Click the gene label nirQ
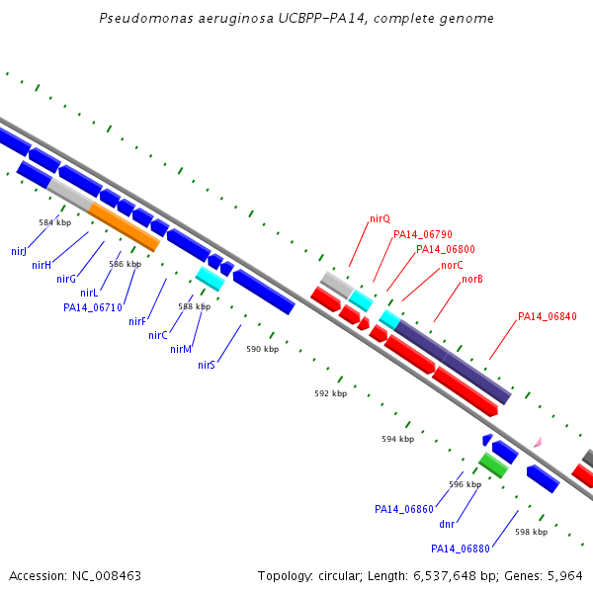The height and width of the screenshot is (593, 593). click(x=380, y=219)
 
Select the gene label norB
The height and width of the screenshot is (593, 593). click(x=472, y=279)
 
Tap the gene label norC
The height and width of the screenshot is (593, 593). click(x=452, y=265)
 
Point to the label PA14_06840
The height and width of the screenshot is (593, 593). click(x=548, y=316)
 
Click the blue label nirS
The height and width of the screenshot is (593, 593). click(x=207, y=365)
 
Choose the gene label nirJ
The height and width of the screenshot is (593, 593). click(x=19, y=251)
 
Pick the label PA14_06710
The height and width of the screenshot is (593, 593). click(x=93, y=307)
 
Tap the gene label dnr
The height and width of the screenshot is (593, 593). click(x=447, y=524)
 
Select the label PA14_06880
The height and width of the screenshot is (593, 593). click(x=461, y=549)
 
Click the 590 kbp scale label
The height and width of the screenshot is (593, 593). click(x=263, y=349)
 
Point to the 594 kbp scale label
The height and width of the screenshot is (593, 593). click(x=398, y=439)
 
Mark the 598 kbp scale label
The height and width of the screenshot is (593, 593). click(x=532, y=532)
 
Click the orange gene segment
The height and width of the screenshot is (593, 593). click(x=125, y=227)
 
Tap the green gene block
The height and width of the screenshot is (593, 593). click(x=493, y=466)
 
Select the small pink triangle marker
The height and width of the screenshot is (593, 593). click(x=539, y=442)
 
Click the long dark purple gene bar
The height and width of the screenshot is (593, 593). click(x=453, y=362)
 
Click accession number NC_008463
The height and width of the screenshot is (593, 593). click(x=107, y=576)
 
